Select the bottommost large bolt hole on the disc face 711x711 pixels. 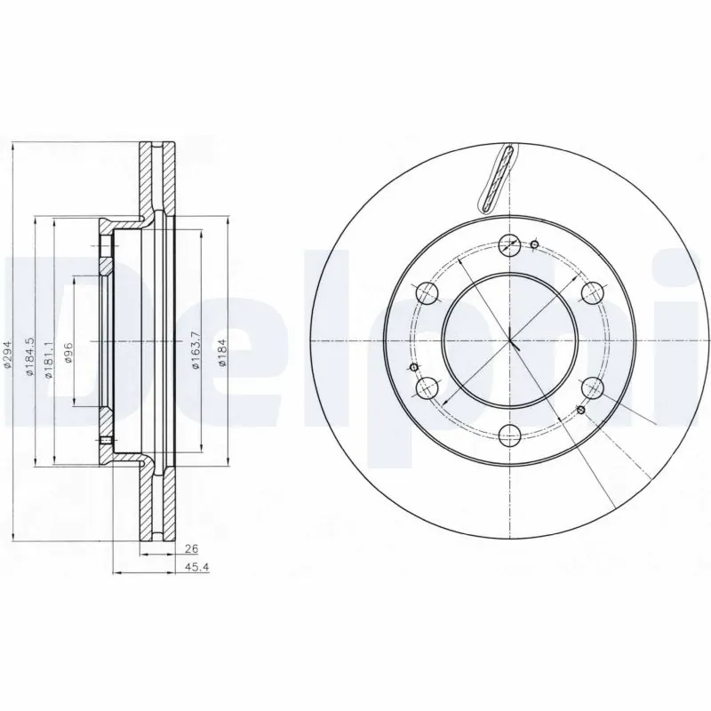[510, 435]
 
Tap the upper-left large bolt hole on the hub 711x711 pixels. [427, 292]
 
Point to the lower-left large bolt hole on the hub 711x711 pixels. [427, 387]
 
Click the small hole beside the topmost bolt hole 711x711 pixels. [534, 245]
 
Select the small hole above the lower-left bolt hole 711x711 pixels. [412, 368]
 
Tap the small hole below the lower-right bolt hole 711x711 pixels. [580, 410]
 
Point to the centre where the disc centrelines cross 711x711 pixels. [510, 340]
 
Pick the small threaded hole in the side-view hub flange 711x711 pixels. [104, 441]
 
